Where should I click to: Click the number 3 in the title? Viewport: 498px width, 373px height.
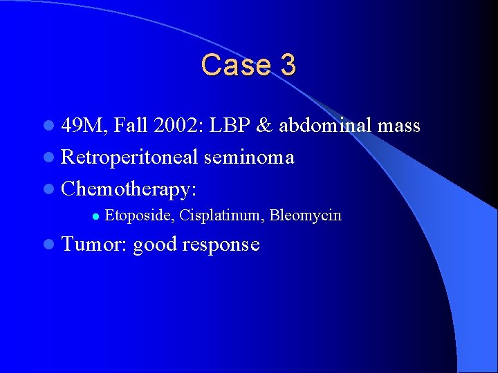pos(288,65)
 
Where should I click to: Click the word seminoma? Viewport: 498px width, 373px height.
pos(249,157)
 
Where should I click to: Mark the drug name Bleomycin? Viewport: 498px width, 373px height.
pos(305,216)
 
